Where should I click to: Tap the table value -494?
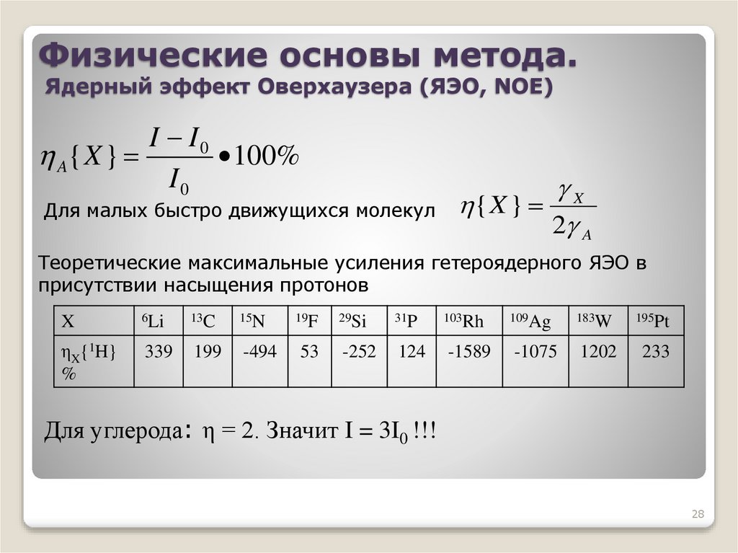(259, 352)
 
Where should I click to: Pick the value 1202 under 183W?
(599, 352)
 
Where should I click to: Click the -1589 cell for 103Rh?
(468, 352)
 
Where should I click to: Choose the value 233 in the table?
(655, 352)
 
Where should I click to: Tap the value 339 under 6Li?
(159, 352)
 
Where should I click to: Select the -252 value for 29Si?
(359, 352)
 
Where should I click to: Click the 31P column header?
(406, 322)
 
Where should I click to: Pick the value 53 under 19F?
(309, 352)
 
